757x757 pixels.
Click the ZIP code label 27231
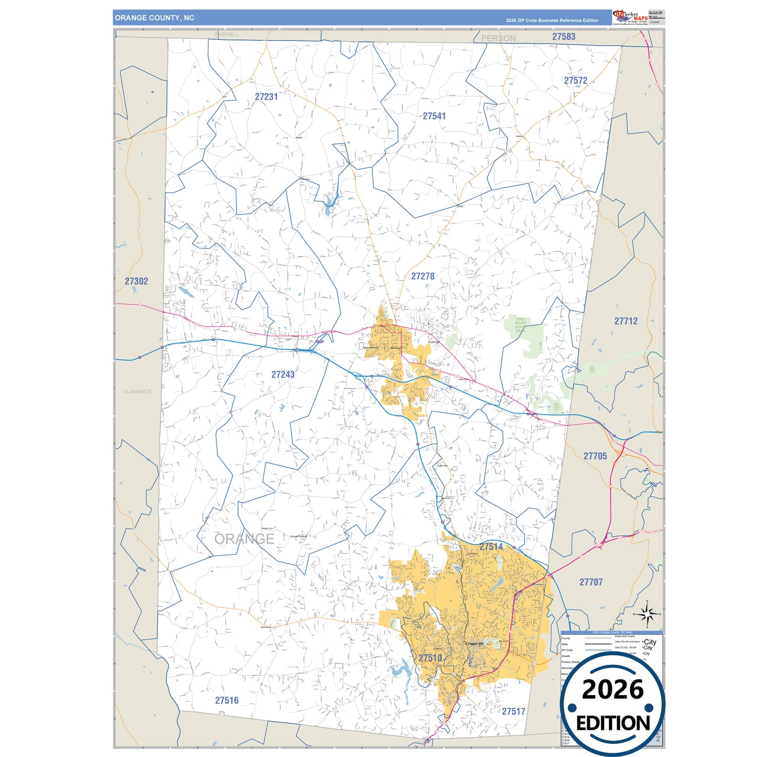pyautogui.click(x=266, y=97)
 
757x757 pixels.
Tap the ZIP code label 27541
pyautogui.click(x=434, y=116)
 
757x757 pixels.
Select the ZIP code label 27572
pyautogui.click(x=576, y=81)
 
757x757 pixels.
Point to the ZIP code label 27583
pyautogui.click(x=564, y=37)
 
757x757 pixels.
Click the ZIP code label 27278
pyautogui.click(x=423, y=276)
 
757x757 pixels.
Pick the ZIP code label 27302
pyautogui.click(x=136, y=281)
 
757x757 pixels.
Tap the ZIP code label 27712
pyautogui.click(x=626, y=321)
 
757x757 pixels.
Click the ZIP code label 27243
pyautogui.click(x=283, y=375)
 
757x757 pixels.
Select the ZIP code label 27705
pyautogui.click(x=595, y=456)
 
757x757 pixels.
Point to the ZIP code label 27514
pyautogui.click(x=491, y=546)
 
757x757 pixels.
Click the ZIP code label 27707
pyautogui.click(x=591, y=582)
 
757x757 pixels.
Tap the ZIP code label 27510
pyautogui.click(x=430, y=658)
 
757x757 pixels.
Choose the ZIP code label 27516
pyautogui.click(x=226, y=700)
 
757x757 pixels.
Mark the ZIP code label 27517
pyautogui.click(x=513, y=711)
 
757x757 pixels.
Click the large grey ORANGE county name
pyautogui.click(x=244, y=539)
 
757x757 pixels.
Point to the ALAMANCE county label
pyautogui.click(x=137, y=392)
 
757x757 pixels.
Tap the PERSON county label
pyautogui.click(x=498, y=38)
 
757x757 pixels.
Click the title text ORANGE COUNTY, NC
pyautogui.click(x=155, y=18)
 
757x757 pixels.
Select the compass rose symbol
pyautogui.click(x=647, y=613)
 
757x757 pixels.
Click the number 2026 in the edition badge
pyautogui.click(x=612, y=690)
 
